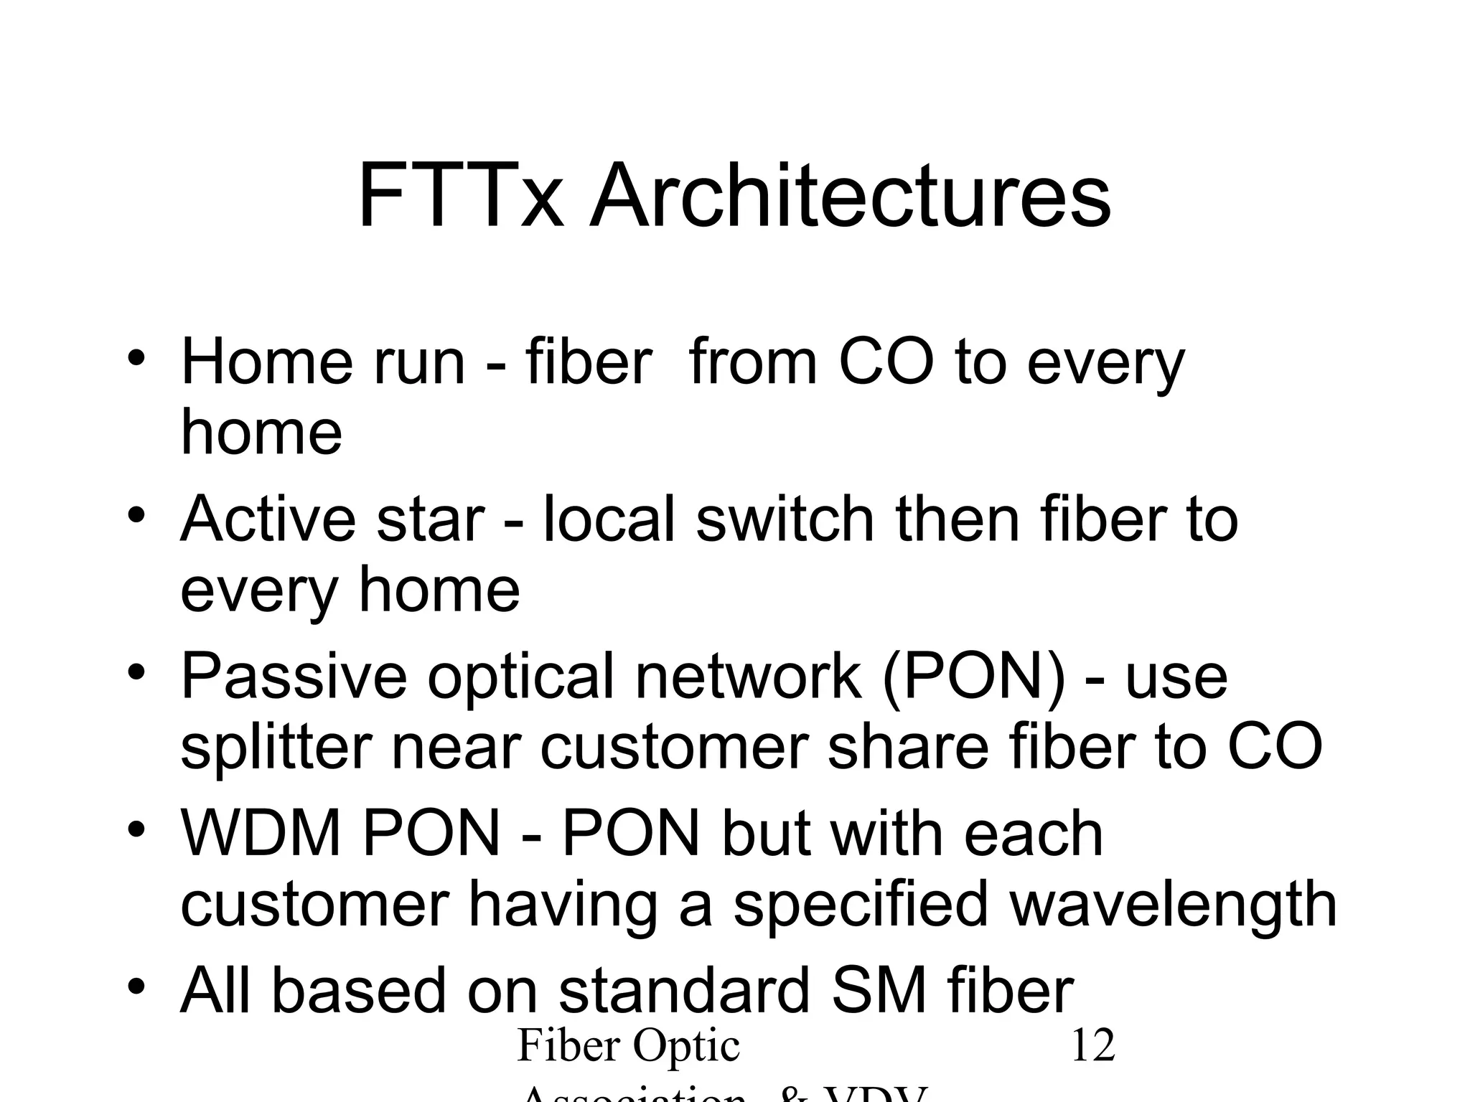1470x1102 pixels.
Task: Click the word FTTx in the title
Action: (459, 196)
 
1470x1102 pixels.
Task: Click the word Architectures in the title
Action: (850, 196)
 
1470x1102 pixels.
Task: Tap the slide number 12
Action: (1092, 1045)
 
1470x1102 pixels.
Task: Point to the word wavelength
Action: (1173, 904)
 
